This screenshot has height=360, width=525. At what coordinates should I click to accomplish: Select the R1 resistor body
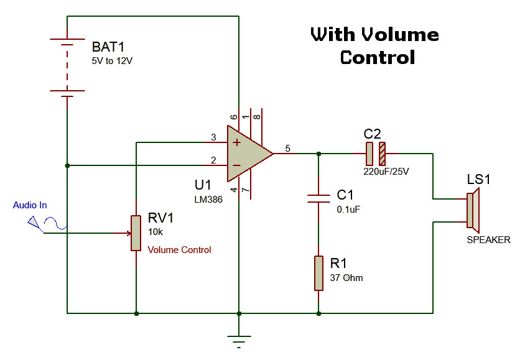[318, 272]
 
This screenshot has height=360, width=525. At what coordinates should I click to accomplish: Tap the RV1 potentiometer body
[136, 233]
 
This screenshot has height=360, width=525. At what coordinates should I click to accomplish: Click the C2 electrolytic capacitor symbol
[375, 153]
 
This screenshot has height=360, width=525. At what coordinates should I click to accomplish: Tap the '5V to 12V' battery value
[112, 62]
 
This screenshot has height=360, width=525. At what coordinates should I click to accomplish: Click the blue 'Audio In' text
[30, 205]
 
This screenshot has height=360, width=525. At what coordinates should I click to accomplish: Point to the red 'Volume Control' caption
[179, 250]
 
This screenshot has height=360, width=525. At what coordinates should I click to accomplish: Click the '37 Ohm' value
[346, 277]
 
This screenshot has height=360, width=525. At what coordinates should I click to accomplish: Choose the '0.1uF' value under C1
[348, 210]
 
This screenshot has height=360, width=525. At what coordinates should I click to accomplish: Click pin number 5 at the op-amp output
[287, 148]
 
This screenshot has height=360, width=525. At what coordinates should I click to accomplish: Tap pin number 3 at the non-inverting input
[213, 137]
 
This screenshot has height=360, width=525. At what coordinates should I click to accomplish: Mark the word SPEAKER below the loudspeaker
[488, 239]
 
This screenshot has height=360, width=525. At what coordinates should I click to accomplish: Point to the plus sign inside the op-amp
[236, 142]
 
